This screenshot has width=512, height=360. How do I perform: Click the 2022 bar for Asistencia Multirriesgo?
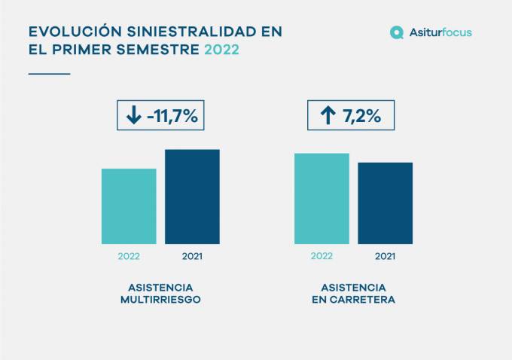tap(129, 206)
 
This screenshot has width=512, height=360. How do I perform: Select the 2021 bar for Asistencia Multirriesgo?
tap(192, 196)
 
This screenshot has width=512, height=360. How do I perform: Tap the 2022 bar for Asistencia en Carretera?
tap(322, 198)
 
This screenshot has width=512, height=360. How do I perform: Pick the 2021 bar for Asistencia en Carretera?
tap(385, 203)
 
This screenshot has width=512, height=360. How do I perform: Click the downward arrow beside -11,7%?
tap(133, 115)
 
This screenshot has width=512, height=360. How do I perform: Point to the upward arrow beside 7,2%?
tap(328, 115)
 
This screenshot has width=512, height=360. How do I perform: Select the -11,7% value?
tap(172, 116)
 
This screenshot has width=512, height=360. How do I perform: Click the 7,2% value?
tap(362, 116)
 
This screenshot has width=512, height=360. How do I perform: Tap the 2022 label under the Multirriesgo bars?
tap(129, 256)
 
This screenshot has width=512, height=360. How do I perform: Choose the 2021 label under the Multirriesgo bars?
tap(192, 256)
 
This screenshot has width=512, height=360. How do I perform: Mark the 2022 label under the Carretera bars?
tap(322, 256)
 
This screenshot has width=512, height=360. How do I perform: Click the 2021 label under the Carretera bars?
tap(385, 256)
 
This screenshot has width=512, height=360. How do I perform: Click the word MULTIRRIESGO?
tap(160, 300)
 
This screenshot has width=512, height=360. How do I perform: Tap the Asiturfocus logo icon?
tap(397, 32)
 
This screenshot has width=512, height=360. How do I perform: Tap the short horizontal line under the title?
tap(49, 74)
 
